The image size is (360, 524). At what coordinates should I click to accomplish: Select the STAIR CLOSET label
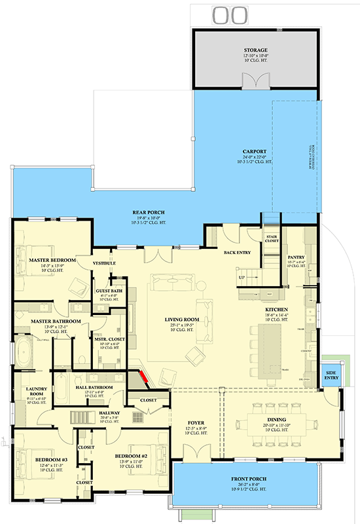(x=271, y=238)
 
